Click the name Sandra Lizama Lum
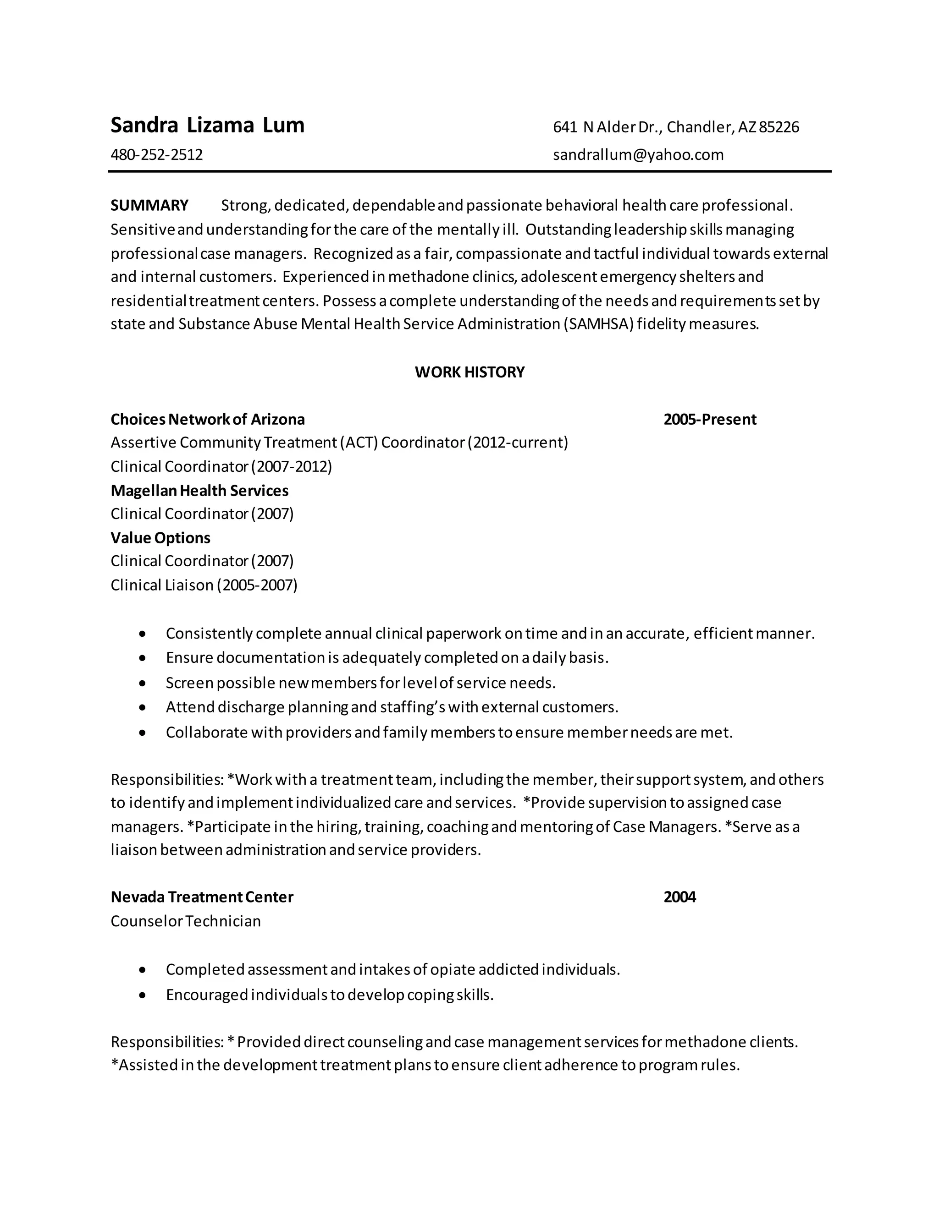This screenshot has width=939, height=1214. point(208,126)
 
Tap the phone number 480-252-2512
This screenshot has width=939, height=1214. point(156,154)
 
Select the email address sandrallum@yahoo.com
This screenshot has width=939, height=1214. point(638,154)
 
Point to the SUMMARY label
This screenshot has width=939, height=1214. point(149,206)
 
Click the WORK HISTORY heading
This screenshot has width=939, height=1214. point(469,372)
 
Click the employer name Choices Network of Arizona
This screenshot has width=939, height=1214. point(208,419)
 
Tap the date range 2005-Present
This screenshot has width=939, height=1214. point(710,419)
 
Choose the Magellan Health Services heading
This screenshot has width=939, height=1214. point(199,490)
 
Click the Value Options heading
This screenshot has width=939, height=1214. point(160,537)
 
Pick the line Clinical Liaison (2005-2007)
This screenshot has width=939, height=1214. point(204,585)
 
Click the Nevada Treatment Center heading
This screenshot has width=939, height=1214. point(202,897)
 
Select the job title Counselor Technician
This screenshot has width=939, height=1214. point(185,921)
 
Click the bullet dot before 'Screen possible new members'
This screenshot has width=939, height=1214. point(143,683)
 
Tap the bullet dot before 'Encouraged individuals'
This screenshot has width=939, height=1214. point(143,995)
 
